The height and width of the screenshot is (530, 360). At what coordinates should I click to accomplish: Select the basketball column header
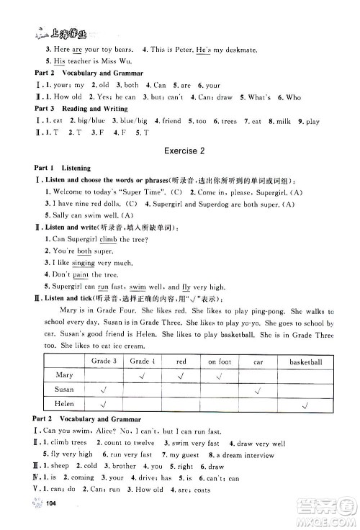(x=306, y=361)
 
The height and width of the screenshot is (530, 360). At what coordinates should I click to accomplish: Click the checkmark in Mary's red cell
(x=181, y=375)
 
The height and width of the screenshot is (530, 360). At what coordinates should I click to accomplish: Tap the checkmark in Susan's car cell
(x=257, y=390)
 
